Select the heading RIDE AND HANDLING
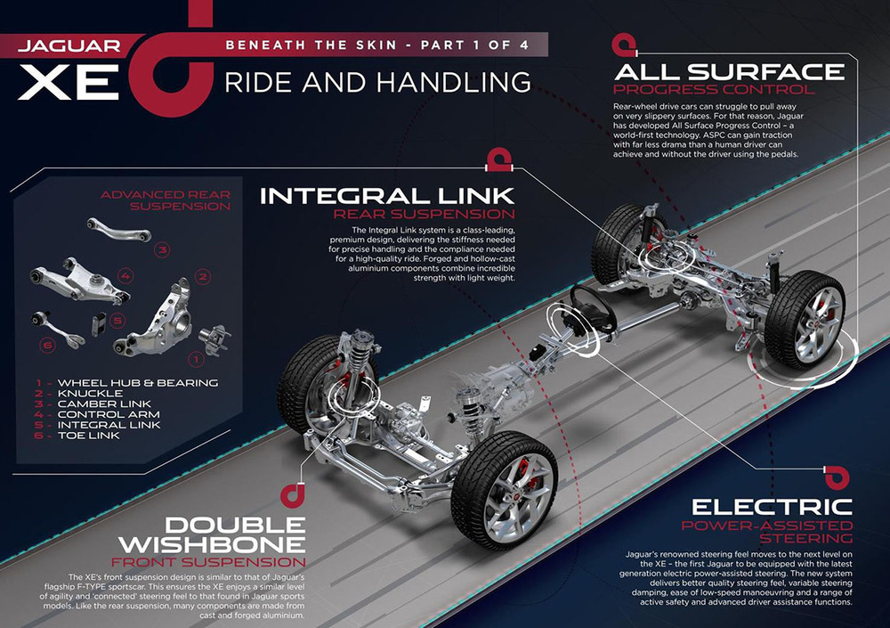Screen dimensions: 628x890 (x=377, y=82)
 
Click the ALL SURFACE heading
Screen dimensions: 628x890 (x=728, y=70)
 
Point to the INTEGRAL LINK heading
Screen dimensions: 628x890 (x=387, y=194)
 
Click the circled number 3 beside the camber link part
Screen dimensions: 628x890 (x=163, y=250)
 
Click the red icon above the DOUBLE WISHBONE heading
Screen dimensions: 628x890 (x=289, y=493)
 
